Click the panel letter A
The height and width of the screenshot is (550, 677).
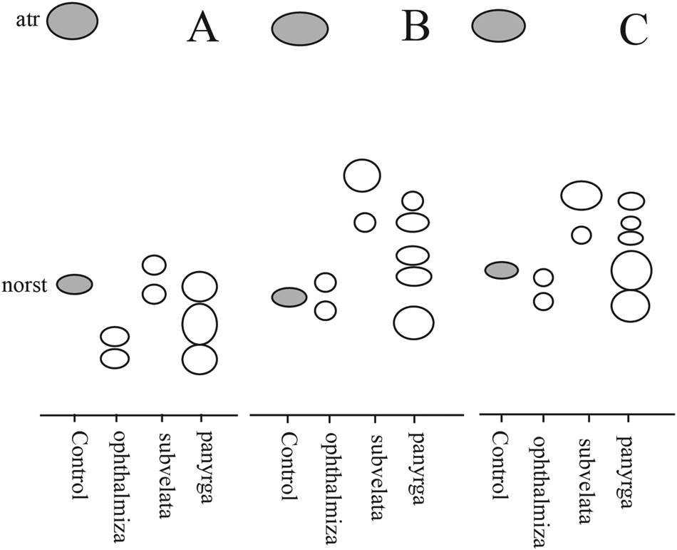[x=202, y=30]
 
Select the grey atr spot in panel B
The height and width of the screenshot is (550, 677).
[x=299, y=29]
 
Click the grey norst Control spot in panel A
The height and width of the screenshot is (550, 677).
[x=75, y=284]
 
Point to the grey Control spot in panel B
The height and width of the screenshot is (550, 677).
[x=289, y=296]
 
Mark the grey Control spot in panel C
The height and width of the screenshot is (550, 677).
[x=501, y=270]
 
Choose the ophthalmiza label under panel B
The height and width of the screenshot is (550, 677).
[x=331, y=474]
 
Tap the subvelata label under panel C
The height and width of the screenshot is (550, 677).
[x=586, y=467]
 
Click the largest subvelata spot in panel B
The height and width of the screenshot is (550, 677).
[x=362, y=175]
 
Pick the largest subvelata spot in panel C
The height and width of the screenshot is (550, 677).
[x=582, y=195]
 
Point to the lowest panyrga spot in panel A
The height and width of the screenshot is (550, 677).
[x=199, y=359]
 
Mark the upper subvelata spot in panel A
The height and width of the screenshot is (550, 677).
[x=154, y=265]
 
